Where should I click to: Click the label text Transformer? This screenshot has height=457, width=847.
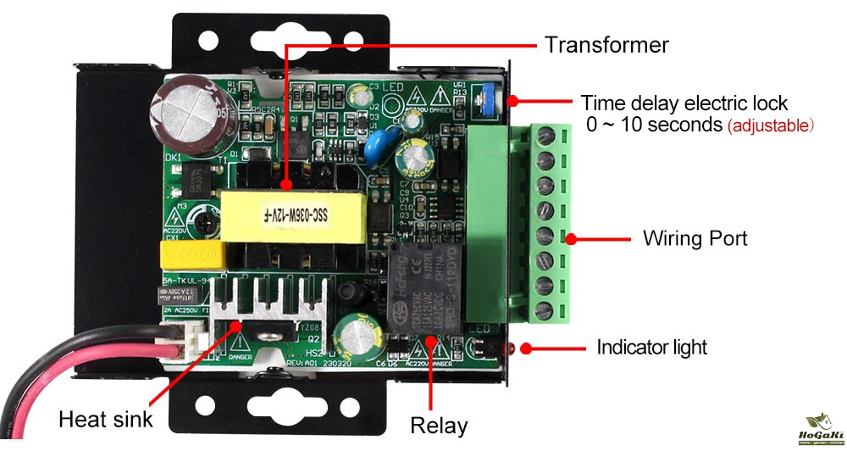click(606, 44)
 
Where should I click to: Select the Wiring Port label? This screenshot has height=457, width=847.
click(695, 238)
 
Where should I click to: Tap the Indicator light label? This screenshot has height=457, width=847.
click(651, 347)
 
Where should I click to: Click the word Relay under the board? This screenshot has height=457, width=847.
click(439, 425)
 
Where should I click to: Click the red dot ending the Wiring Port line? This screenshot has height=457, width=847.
click(570, 239)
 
